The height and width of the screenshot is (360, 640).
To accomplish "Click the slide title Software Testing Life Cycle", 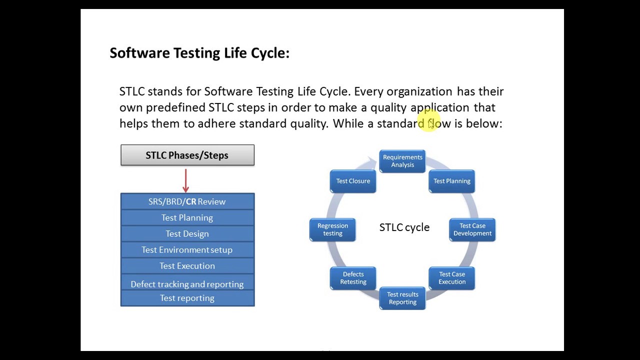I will tap(199, 53).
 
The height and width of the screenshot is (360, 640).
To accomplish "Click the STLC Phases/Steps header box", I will tap(187, 155).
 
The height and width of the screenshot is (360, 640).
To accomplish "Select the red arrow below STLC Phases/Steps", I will tap(186, 180).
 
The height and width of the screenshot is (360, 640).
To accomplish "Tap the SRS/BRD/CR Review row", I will tap(187, 201).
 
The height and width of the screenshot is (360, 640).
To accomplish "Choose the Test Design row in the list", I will tap(187, 233).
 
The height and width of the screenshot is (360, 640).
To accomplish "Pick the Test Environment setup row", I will tap(187, 249).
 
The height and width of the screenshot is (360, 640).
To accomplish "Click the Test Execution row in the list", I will tap(187, 265).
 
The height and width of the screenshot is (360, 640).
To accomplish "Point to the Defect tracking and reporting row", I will tap(187, 283).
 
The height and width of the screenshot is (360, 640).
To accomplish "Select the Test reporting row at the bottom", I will tap(187, 298).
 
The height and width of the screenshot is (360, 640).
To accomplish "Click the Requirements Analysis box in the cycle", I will tap(402, 161).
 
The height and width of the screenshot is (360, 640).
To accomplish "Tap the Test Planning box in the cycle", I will tap(451, 181).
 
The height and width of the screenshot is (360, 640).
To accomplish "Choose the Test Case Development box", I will tap(472, 229).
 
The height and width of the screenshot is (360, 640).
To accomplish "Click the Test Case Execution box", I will tap(451, 278).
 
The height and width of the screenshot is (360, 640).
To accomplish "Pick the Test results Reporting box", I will tap(402, 298).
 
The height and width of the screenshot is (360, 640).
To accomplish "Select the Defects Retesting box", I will tap(353, 278).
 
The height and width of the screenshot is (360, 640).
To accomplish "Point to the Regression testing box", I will tap(332, 229).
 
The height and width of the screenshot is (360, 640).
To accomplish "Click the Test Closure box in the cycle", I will tap(353, 181).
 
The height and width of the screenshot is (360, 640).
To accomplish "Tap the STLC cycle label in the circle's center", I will tap(404, 227).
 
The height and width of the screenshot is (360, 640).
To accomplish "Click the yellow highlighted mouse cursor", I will tap(431, 124).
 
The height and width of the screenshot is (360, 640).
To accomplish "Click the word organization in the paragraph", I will tap(419, 91).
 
